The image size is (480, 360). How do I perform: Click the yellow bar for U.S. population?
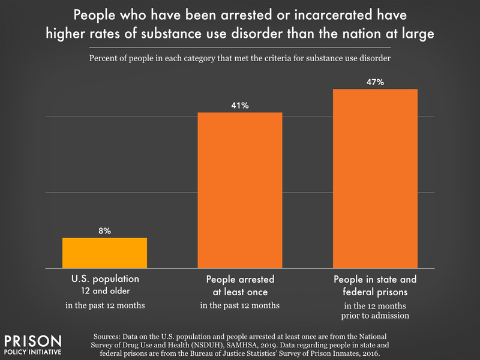click(104, 253)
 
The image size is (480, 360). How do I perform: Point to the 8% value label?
click(104, 230)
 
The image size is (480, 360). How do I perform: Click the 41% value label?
click(239, 106)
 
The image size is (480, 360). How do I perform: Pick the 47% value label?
click(375, 82)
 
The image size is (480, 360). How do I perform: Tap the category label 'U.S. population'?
click(104, 280)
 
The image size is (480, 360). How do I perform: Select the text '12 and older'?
click(104, 292)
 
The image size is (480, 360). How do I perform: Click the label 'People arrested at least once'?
click(239, 286)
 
